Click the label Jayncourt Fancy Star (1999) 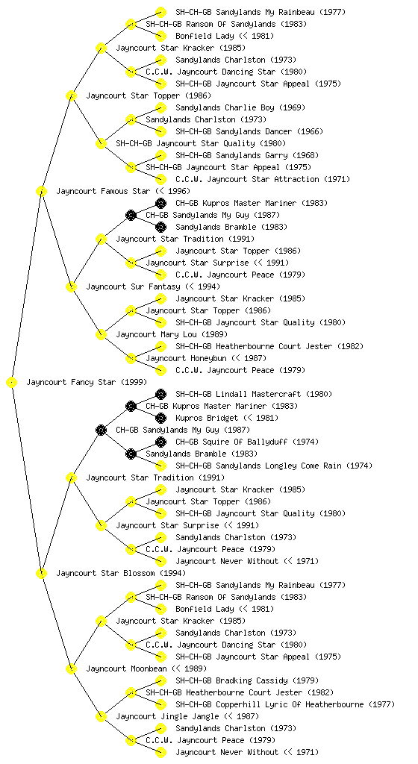[87, 382]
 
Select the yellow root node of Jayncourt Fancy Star [12, 383]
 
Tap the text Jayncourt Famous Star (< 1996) [123, 191]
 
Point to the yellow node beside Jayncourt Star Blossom [41, 574]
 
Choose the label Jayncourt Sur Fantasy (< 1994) [153, 286]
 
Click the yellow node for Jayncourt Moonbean [71, 669]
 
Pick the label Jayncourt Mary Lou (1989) [172, 334]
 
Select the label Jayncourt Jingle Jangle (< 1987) [187, 716]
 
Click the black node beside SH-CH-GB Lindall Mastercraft [160, 394]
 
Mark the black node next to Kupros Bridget [160, 418]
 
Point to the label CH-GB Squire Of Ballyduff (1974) [247, 442]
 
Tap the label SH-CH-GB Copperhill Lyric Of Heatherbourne [269, 704]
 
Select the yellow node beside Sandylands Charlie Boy [160, 107]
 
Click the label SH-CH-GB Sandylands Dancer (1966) [249, 131]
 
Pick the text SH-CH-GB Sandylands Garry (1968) [247, 155]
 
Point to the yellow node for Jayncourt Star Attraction [160, 179]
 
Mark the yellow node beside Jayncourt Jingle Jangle [101, 717]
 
